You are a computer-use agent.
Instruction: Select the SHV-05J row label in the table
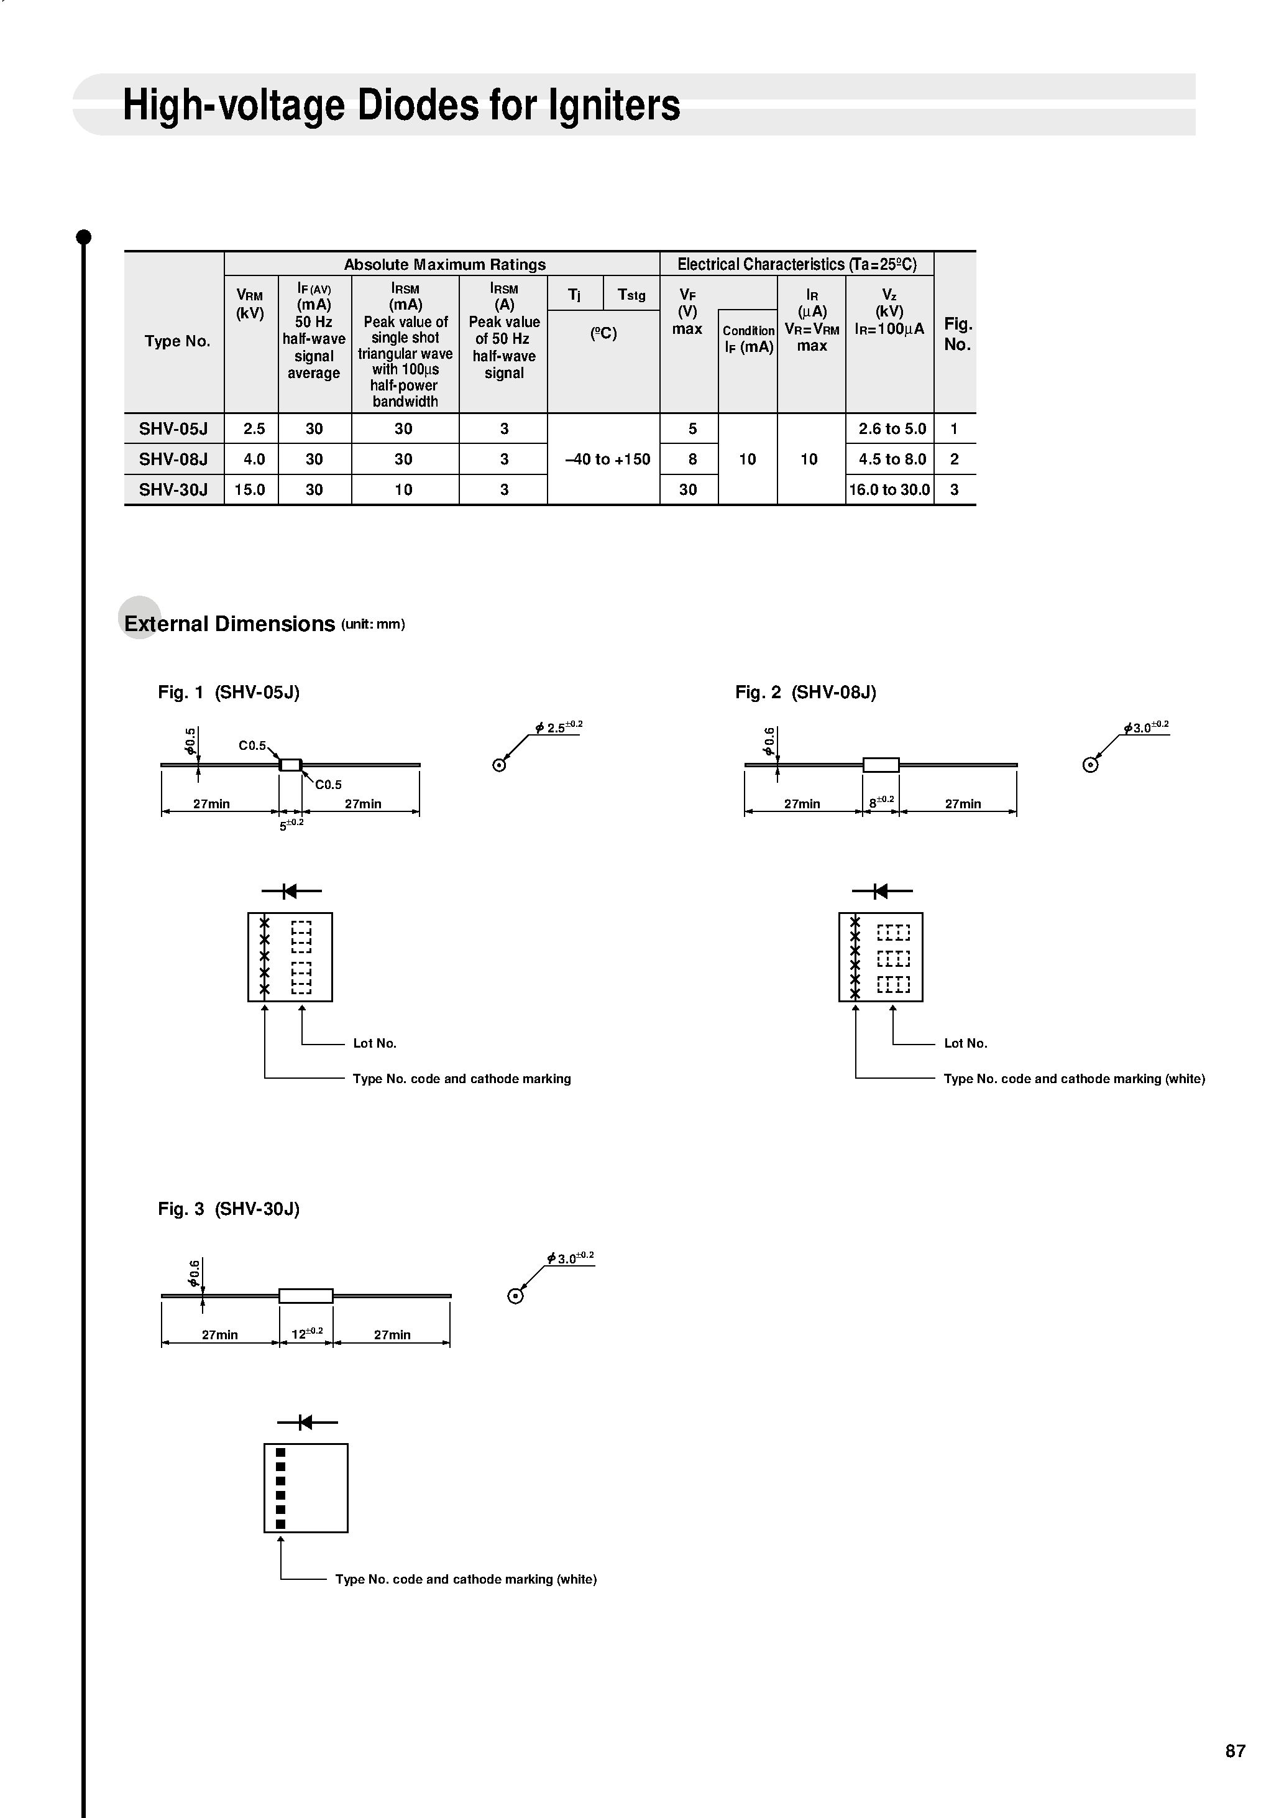pyautogui.click(x=173, y=428)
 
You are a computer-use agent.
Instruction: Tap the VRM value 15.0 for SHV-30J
pyautogui.click(x=249, y=489)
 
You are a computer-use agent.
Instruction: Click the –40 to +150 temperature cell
pyautogui.click(x=607, y=459)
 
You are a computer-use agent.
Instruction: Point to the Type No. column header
pyautogui.click(x=177, y=341)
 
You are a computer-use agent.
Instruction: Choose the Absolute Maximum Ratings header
pyautogui.click(x=445, y=264)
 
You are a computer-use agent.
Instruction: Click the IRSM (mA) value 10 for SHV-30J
pyautogui.click(x=404, y=489)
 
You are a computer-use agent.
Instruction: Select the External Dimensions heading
pyautogui.click(x=229, y=624)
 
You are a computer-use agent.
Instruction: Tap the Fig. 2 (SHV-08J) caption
pyautogui.click(x=805, y=692)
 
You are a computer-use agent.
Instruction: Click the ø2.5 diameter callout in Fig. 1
pyautogui.click(x=559, y=727)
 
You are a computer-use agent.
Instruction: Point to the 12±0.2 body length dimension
pyautogui.click(x=307, y=1332)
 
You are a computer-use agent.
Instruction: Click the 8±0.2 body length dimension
pyautogui.click(x=881, y=801)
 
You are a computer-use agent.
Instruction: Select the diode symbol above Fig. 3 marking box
pyautogui.click(x=307, y=1422)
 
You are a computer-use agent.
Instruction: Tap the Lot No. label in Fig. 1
pyautogui.click(x=374, y=1043)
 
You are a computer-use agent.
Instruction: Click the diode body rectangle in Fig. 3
pyautogui.click(x=306, y=1295)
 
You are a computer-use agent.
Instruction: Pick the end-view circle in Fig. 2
pyautogui.click(x=1090, y=765)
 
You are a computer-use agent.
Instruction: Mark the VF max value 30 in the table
pyautogui.click(x=688, y=489)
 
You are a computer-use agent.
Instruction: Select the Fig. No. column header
pyautogui.click(x=958, y=334)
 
